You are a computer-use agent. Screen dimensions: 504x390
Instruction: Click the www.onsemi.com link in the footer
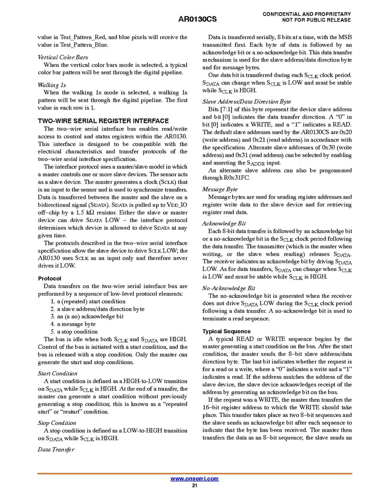point(194,478)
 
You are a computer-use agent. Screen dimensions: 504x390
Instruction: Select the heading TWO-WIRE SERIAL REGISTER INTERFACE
point(103,121)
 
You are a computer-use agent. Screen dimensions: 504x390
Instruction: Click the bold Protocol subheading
point(50,279)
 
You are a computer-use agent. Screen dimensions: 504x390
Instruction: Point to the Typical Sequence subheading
point(226,331)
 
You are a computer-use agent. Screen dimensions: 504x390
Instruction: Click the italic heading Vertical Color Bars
point(63,57)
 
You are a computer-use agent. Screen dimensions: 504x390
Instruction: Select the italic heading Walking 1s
point(52,85)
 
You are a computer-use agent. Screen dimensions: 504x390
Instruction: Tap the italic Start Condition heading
point(58,373)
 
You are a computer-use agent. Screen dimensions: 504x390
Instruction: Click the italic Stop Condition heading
point(57,423)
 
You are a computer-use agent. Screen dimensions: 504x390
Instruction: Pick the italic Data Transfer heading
point(56,449)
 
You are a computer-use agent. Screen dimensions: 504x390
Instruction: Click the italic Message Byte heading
point(220,189)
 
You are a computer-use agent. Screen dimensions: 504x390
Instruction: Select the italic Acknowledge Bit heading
point(224,223)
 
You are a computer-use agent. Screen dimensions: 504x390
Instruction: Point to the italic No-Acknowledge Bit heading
point(229,288)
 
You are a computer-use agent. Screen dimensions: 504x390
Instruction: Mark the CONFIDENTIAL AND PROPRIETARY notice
point(307,14)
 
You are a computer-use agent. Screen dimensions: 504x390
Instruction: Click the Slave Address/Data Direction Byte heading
point(246,101)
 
